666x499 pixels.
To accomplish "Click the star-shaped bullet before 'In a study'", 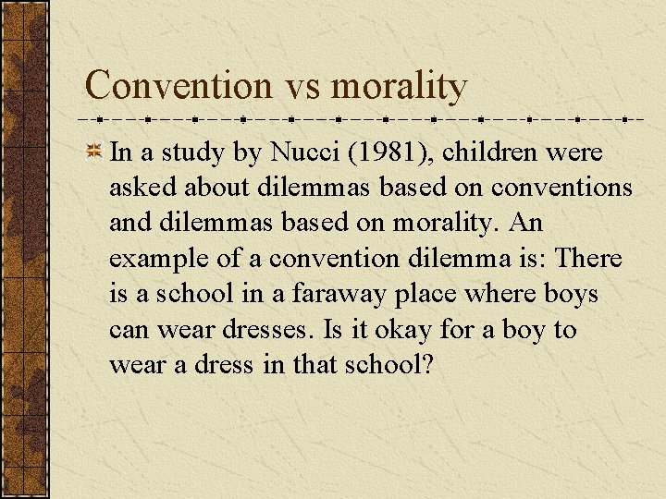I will (x=94, y=152).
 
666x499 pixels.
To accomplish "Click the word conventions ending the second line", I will (x=562, y=188).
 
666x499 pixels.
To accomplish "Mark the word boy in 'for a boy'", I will (x=525, y=331).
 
